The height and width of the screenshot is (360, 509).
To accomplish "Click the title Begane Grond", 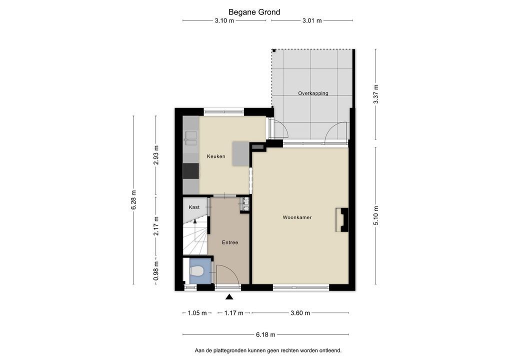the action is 254,12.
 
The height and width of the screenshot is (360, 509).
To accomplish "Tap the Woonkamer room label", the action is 297,217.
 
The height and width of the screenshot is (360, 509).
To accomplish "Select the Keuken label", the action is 216,156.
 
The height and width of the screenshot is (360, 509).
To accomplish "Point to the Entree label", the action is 230,242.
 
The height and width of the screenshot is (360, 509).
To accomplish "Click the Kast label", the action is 194,207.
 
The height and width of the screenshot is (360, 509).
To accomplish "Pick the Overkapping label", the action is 313,93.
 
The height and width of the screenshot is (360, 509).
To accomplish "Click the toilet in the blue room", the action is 196,270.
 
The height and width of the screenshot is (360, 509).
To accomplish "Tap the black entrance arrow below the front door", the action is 229,296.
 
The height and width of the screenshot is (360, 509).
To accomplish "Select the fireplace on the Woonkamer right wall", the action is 342,220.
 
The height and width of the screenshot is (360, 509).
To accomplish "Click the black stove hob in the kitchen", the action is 191,171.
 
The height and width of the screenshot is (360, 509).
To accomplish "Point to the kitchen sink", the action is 190,137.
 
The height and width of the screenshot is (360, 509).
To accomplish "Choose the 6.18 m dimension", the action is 265,334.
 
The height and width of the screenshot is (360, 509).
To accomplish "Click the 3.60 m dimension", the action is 300,313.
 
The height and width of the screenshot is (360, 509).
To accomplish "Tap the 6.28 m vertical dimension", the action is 133,200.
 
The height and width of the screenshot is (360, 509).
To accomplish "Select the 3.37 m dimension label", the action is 376,94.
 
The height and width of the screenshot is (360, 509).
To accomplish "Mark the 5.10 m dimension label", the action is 376,215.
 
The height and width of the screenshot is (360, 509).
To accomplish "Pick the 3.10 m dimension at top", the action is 224,20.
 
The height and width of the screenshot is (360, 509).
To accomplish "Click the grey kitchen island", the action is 240,153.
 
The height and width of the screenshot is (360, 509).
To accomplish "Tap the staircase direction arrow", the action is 195,221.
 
